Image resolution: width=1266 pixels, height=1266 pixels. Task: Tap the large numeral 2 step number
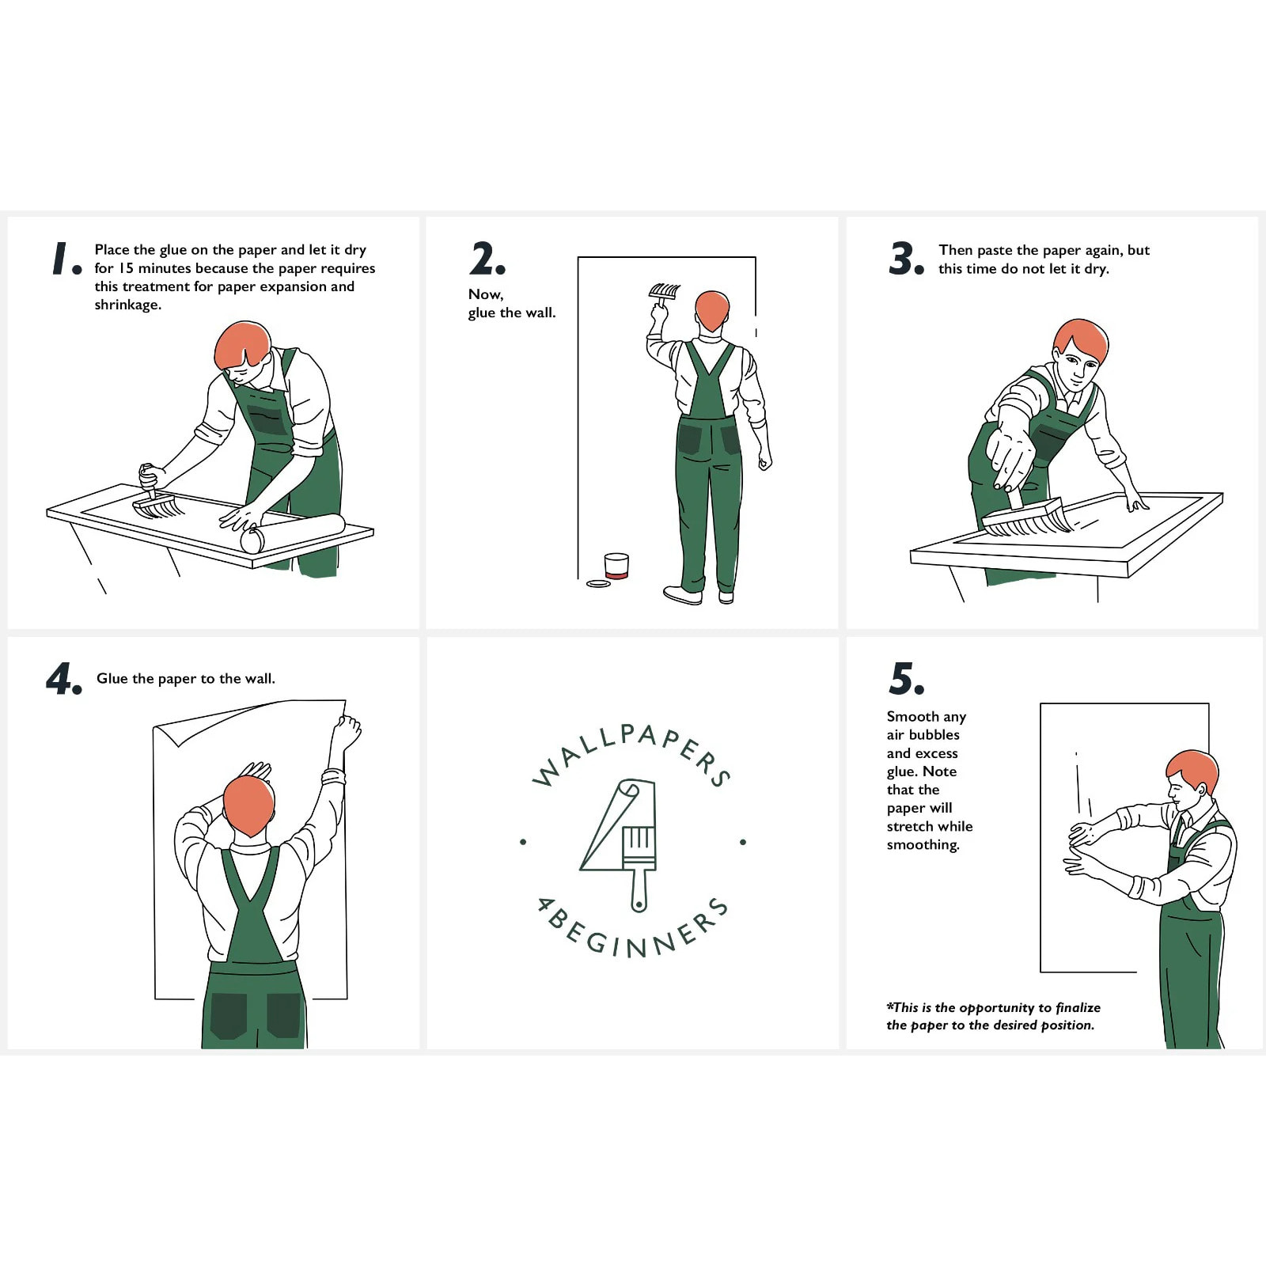click(x=483, y=259)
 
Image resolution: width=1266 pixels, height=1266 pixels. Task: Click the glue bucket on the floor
click(x=616, y=566)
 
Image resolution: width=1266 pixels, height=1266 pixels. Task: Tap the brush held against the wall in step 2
click(x=663, y=292)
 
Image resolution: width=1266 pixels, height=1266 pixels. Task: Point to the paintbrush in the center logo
click(x=639, y=862)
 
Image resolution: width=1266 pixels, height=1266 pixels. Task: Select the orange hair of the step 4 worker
click(x=248, y=804)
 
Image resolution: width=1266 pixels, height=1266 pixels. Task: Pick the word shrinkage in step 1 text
click(x=127, y=305)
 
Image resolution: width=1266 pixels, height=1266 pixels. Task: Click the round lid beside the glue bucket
click(x=598, y=584)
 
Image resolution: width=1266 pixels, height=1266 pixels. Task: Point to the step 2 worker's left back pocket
click(x=689, y=439)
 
